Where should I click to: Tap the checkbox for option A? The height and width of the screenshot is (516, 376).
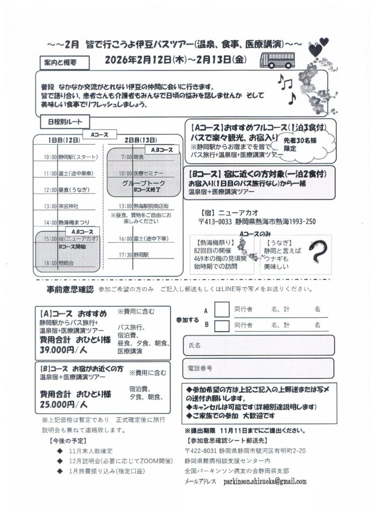pos(222,309)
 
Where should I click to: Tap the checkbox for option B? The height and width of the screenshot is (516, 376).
pos(222,326)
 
